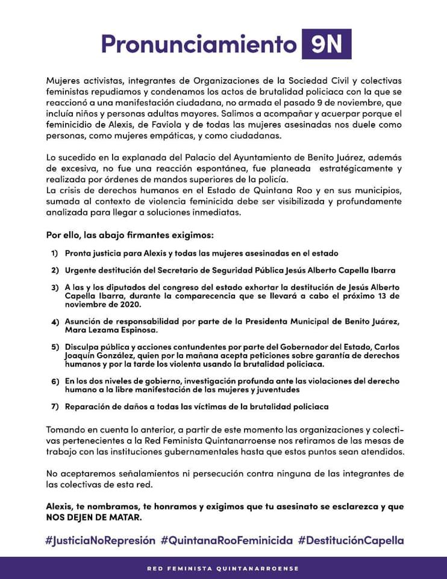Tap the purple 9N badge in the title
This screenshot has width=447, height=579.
tap(326, 44)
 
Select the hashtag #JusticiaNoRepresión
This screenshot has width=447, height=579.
tap(100, 540)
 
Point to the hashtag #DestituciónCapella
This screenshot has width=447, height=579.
tap(350, 540)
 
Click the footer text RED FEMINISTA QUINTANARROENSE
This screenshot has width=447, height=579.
tap(223, 568)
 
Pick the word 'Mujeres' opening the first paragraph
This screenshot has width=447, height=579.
tap(62, 81)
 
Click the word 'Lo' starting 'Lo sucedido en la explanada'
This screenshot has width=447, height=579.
tap(52, 157)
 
